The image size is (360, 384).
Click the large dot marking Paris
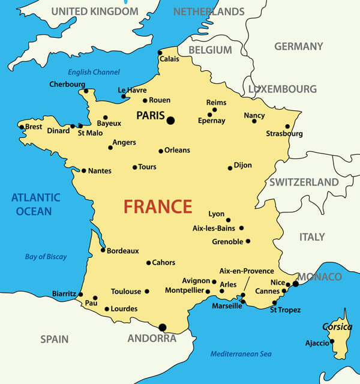tap(170, 121)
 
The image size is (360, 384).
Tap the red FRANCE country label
tap(158, 206)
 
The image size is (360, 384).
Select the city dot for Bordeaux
tap(103, 250)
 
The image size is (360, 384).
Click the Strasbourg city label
tap(284, 134)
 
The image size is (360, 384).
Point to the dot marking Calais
tap(160, 52)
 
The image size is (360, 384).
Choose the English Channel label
tap(94, 72)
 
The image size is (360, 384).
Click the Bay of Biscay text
tap(46, 257)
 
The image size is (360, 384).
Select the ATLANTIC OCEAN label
tap(36, 204)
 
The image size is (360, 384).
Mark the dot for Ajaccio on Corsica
tap(332, 341)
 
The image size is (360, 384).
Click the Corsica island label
tap(337, 327)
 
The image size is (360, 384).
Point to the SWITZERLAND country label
tap(304, 182)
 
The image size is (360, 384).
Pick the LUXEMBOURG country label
tap(282, 89)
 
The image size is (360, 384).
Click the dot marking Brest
tap(22, 127)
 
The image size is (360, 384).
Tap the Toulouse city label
tap(126, 292)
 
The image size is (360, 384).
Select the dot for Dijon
tap(230, 168)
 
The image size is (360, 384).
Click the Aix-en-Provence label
tap(247, 271)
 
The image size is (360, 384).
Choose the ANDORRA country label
tap(152, 338)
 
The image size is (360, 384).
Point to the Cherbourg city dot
tap(86, 91)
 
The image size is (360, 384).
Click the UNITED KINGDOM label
tap(94, 11)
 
